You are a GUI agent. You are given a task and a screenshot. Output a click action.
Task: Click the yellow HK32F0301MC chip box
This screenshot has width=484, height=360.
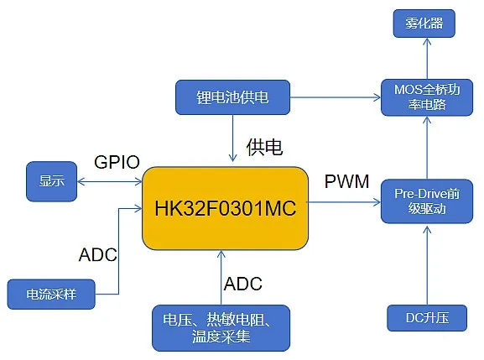225,208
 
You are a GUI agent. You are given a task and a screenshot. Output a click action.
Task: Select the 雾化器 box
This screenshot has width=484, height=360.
424,23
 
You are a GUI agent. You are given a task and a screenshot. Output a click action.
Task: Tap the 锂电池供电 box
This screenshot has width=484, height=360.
232,97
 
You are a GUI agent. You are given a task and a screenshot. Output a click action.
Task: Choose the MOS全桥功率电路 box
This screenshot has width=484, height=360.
427,97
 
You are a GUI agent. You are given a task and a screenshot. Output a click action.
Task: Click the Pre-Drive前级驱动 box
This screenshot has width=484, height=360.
427,201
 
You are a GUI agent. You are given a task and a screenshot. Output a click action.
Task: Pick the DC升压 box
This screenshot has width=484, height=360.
427,318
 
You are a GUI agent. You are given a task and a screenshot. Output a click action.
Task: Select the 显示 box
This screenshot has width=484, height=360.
51,181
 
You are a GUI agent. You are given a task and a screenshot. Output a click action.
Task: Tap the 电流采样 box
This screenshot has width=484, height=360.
51,295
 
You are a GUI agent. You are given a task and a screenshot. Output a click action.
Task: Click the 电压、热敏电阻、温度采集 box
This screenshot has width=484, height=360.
221,328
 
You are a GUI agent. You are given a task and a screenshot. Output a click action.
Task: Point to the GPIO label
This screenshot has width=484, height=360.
117,162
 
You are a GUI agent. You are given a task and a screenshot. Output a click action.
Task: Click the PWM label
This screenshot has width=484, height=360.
346,181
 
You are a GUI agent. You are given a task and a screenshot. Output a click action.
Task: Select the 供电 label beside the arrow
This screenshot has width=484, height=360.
264,147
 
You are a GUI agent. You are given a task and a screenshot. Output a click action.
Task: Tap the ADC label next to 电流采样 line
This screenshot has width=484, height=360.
98,255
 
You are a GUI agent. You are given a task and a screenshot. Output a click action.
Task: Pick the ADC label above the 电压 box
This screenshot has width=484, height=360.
243,284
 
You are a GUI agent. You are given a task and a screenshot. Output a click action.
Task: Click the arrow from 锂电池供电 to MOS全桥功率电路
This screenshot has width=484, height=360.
336,97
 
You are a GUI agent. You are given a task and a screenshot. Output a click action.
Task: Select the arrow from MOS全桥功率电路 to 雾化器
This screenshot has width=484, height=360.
427,59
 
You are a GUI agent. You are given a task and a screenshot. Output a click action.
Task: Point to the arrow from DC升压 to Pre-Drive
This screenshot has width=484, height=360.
427,265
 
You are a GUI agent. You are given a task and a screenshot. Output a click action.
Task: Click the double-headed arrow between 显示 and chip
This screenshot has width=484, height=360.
109,181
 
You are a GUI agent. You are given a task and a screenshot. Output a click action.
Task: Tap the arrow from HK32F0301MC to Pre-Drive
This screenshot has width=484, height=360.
343,202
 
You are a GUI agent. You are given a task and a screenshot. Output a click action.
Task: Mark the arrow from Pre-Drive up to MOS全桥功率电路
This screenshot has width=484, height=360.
427,148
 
